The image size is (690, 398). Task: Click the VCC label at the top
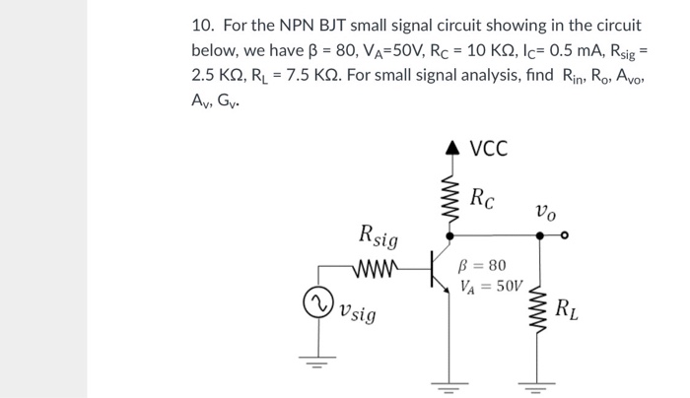pyautogui.click(x=488, y=150)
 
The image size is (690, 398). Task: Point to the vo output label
pyautogui.click(x=544, y=213)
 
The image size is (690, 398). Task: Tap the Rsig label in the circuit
pyautogui.click(x=379, y=236)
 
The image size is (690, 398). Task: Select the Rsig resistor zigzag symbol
pyautogui.click(x=378, y=266)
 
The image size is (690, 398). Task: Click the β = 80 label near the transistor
pyautogui.click(x=483, y=266)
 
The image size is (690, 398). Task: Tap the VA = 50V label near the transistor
pyautogui.click(x=485, y=287)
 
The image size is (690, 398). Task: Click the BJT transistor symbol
pyautogui.click(x=442, y=267)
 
